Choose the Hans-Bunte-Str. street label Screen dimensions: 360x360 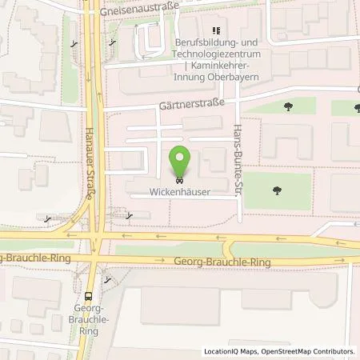tap(238, 160)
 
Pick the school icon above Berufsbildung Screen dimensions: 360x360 tap(215, 30)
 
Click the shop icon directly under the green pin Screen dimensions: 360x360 tap(180, 180)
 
